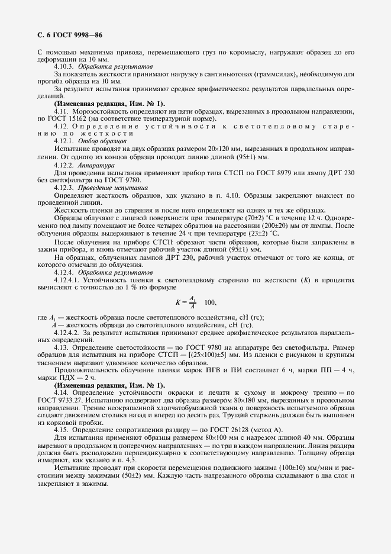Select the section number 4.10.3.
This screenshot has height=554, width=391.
click(x=64, y=67)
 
